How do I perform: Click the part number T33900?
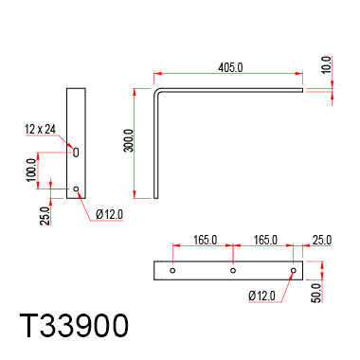tap(74, 326)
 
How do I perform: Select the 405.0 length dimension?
tap(230, 67)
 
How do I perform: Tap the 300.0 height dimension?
tap(129, 140)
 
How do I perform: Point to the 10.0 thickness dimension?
tap(326, 64)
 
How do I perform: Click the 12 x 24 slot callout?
tap(40, 129)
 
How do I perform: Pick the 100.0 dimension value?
tap(31, 171)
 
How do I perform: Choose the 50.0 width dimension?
tap(316, 293)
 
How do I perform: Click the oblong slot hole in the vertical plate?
tap(76, 153)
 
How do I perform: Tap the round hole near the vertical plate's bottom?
tap(76, 189)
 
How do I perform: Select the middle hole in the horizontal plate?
tap(233, 270)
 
